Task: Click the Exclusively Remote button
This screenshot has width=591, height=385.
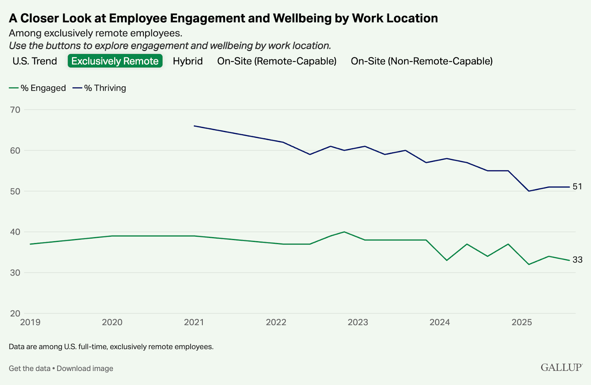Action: click(115, 61)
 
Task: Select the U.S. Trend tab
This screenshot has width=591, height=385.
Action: click(35, 61)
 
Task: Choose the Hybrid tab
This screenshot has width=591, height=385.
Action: click(188, 61)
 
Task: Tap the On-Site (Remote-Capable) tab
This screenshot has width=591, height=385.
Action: click(277, 61)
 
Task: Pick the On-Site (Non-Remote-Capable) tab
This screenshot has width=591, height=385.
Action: click(421, 61)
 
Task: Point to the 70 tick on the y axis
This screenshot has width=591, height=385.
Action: click(15, 110)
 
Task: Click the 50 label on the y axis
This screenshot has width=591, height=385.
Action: click(15, 191)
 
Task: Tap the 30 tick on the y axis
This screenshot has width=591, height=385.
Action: click(15, 273)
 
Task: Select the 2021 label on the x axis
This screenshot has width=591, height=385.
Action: click(194, 322)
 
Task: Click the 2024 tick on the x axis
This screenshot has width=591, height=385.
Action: click(440, 322)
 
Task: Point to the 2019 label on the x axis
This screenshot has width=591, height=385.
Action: click(30, 322)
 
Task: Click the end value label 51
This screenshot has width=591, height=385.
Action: click(577, 187)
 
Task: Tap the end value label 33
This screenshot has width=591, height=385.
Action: click(577, 260)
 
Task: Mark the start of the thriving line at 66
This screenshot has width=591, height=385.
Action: click(194, 126)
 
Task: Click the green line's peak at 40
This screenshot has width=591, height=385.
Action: click(344, 232)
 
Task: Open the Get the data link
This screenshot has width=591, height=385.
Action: click(30, 368)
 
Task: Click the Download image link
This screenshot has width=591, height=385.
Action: click(85, 368)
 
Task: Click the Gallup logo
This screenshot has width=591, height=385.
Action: click(561, 367)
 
